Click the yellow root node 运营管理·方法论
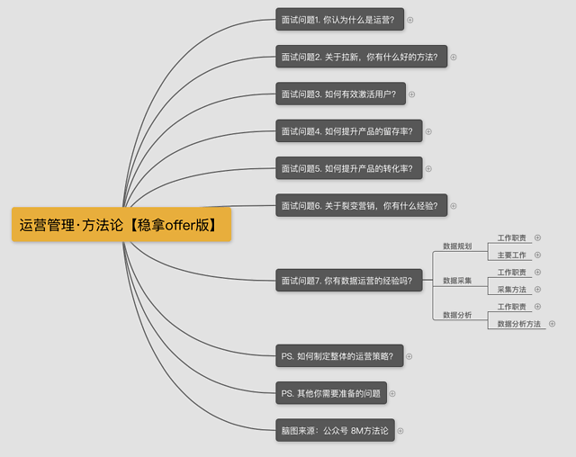[121, 224]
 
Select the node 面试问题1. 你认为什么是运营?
[340, 20]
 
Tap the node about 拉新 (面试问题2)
[362, 57]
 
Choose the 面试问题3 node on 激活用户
[340, 94]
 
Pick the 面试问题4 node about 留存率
[349, 131]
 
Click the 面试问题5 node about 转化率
[349, 168]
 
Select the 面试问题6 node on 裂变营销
[362, 205]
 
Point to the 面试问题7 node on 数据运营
[349, 280]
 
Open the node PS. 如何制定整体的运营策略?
[339, 355]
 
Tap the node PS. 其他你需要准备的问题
[331, 393]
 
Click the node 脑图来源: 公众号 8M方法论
[335, 430]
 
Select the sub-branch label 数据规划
[457, 246]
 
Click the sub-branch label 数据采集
[457, 281]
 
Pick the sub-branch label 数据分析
[457, 315]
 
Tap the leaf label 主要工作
[512, 255]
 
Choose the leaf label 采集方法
[512, 290]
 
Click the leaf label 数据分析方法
[518, 324]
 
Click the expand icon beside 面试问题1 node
[410, 20]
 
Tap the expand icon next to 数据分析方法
[552, 323]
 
